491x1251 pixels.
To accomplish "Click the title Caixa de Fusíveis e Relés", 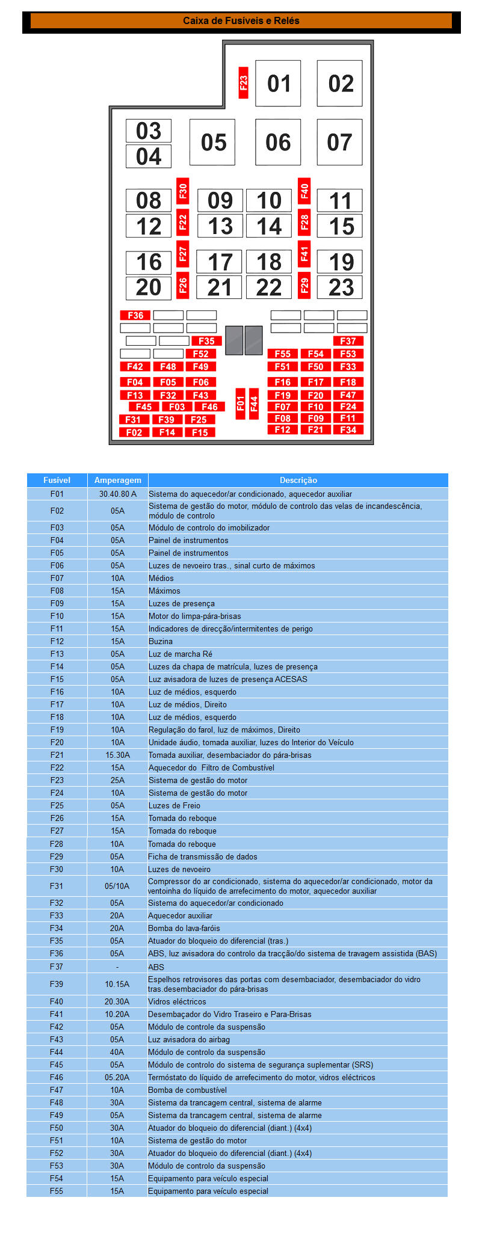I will coord(241,20).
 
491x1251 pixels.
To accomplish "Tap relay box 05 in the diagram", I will coord(212,143).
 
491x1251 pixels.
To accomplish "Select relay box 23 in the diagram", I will coord(340,287).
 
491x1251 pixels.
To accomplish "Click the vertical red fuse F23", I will coord(243,83).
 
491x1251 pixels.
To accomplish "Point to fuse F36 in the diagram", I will coord(135,315).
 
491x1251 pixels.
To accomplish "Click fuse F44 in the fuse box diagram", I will coord(254,404).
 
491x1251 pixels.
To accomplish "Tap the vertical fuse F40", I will coord(304,191).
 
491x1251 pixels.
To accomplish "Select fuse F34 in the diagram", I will coord(348,429).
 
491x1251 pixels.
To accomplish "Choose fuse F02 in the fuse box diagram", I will coord(134,432).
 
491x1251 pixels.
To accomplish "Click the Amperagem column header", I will coord(118,480).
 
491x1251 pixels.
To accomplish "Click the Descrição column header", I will coord(298,480).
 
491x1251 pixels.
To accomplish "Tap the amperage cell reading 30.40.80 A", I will coord(118,494).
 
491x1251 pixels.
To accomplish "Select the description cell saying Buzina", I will coord(161,641).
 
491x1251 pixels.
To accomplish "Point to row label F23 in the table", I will coord(57,780).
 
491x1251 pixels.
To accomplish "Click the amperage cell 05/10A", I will coord(117,886).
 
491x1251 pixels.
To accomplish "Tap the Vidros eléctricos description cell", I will coord(177,1001).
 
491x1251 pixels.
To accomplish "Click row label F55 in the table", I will coord(57,1191).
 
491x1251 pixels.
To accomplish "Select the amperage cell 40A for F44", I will coord(117,1052).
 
